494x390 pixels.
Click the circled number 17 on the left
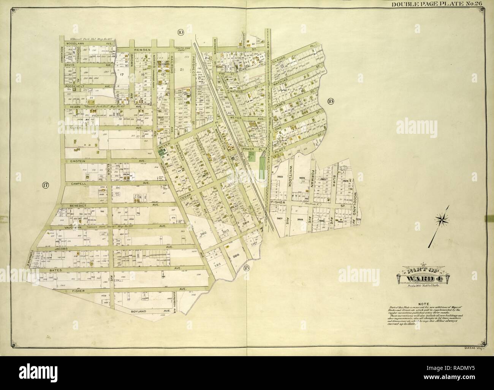[45, 185]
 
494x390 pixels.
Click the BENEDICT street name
[79, 205]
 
